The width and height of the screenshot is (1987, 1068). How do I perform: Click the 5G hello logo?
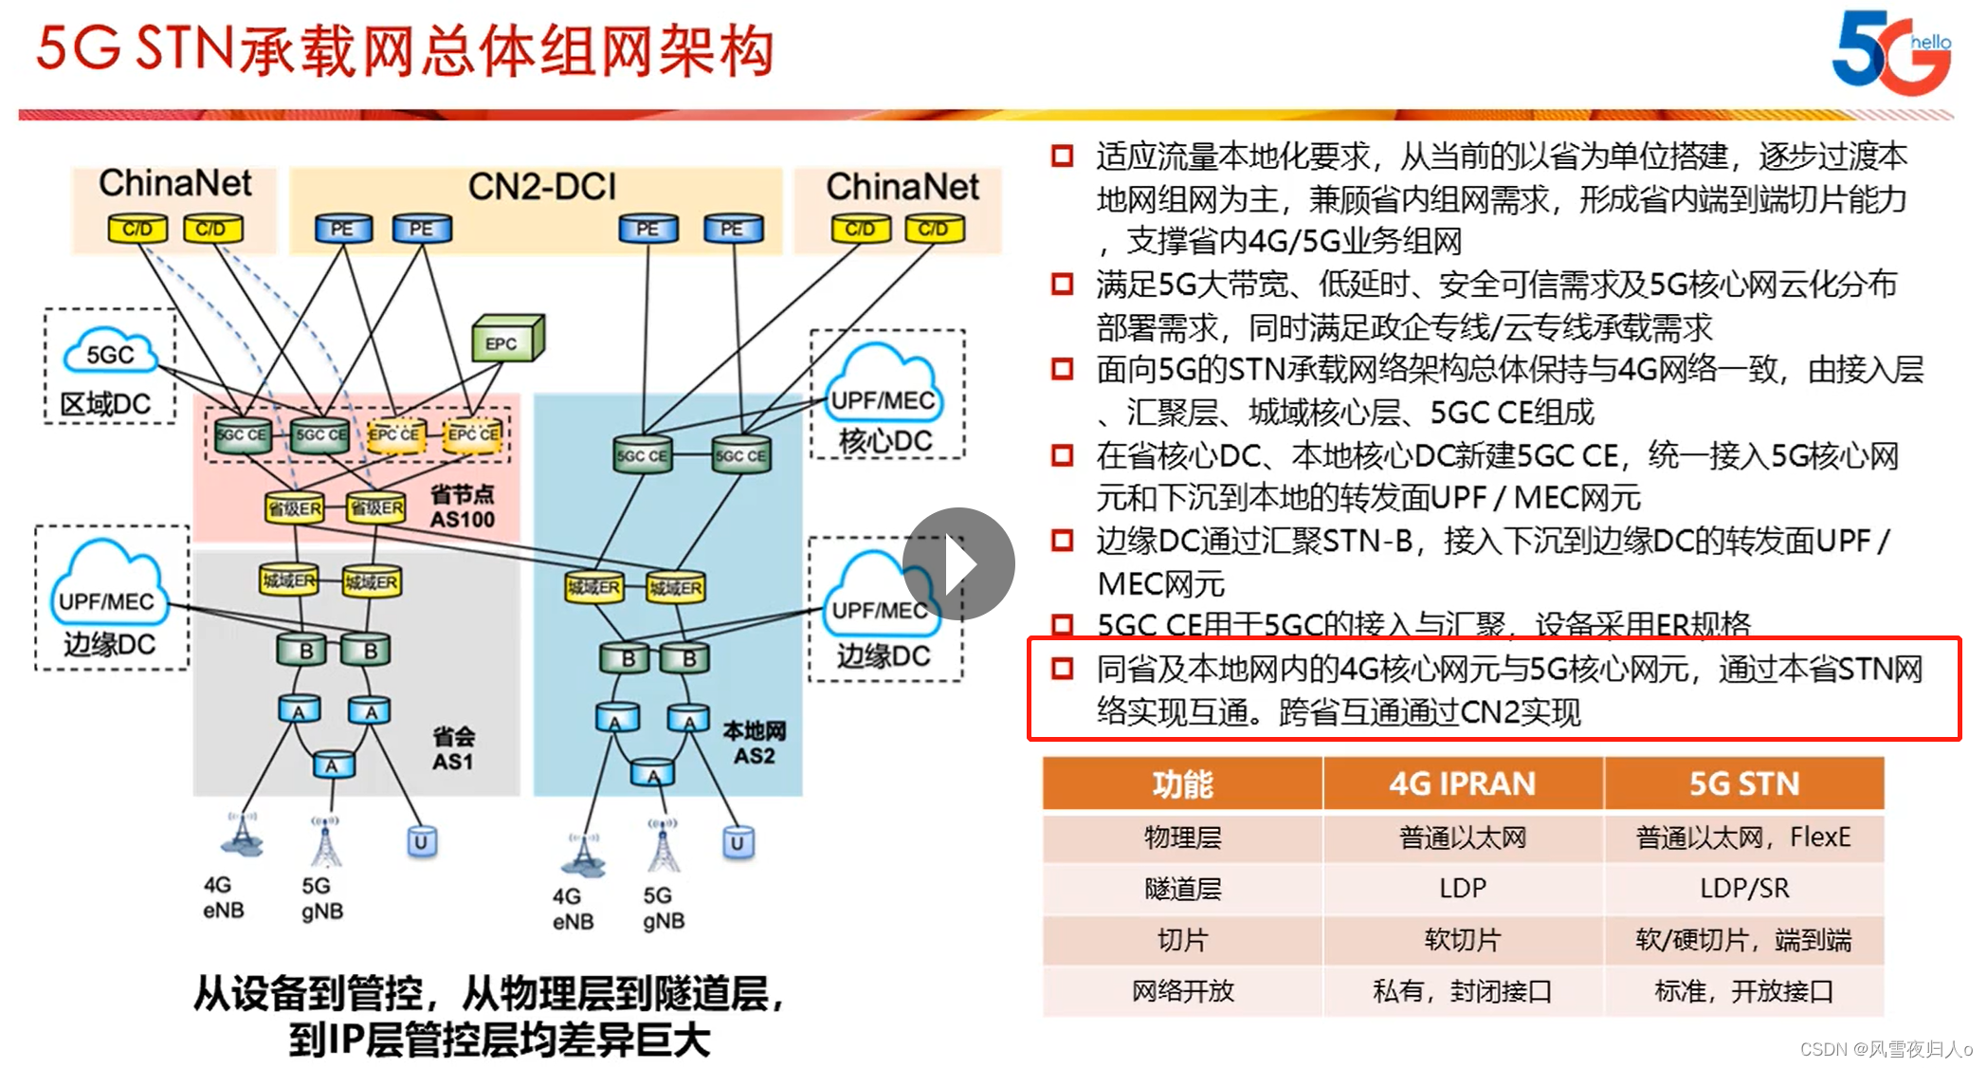pyautogui.click(x=1889, y=52)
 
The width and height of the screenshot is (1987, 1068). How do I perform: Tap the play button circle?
pyautogui.click(x=958, y=563)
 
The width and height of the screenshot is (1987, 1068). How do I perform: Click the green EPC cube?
pyautogui.click(x=507, y=339)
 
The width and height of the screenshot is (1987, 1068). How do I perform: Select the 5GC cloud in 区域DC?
pyautogui.click(x=110, y=353)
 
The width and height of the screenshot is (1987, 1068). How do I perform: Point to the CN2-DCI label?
pyautogui.click(x=541, y=186)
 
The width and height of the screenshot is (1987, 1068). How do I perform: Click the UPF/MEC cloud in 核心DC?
pyautogui.click(x=883, y=390)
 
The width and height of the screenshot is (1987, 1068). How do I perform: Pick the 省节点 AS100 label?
pyautogui.click(x=463, y=506)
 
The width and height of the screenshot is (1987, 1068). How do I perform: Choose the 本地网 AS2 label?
pyautogui.click(x=754, y=743)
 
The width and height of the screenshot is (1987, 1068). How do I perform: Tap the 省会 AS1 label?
pyautogui.click(x=453, y=748)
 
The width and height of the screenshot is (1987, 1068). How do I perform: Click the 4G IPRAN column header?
pyautogui.click(x=1462, y=783)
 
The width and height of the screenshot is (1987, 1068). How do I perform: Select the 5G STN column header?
pyautogui.click(x=1743, y=783)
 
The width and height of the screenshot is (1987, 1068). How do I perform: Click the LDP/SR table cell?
pyautogui.click(x=1743, y=889)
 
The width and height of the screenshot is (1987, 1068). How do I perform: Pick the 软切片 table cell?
pyautogui.click(x=1462, y=940)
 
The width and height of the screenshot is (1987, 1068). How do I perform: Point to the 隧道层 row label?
pyautogui.click(x=1182, y=889)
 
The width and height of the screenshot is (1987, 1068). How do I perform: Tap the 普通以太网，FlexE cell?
pyautogui.click(x=1743, y=838)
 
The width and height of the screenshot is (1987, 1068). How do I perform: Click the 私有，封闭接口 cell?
pyautogui.click(x=1462, y=991)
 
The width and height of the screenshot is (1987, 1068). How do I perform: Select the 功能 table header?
pyautogui.click(x=1182, y=783)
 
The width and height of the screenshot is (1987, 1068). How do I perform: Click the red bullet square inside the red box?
pyautogui.click(x=1062, y=669)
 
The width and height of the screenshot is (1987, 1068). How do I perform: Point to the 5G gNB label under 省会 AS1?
pyautogui.click(x=321, y=897)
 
